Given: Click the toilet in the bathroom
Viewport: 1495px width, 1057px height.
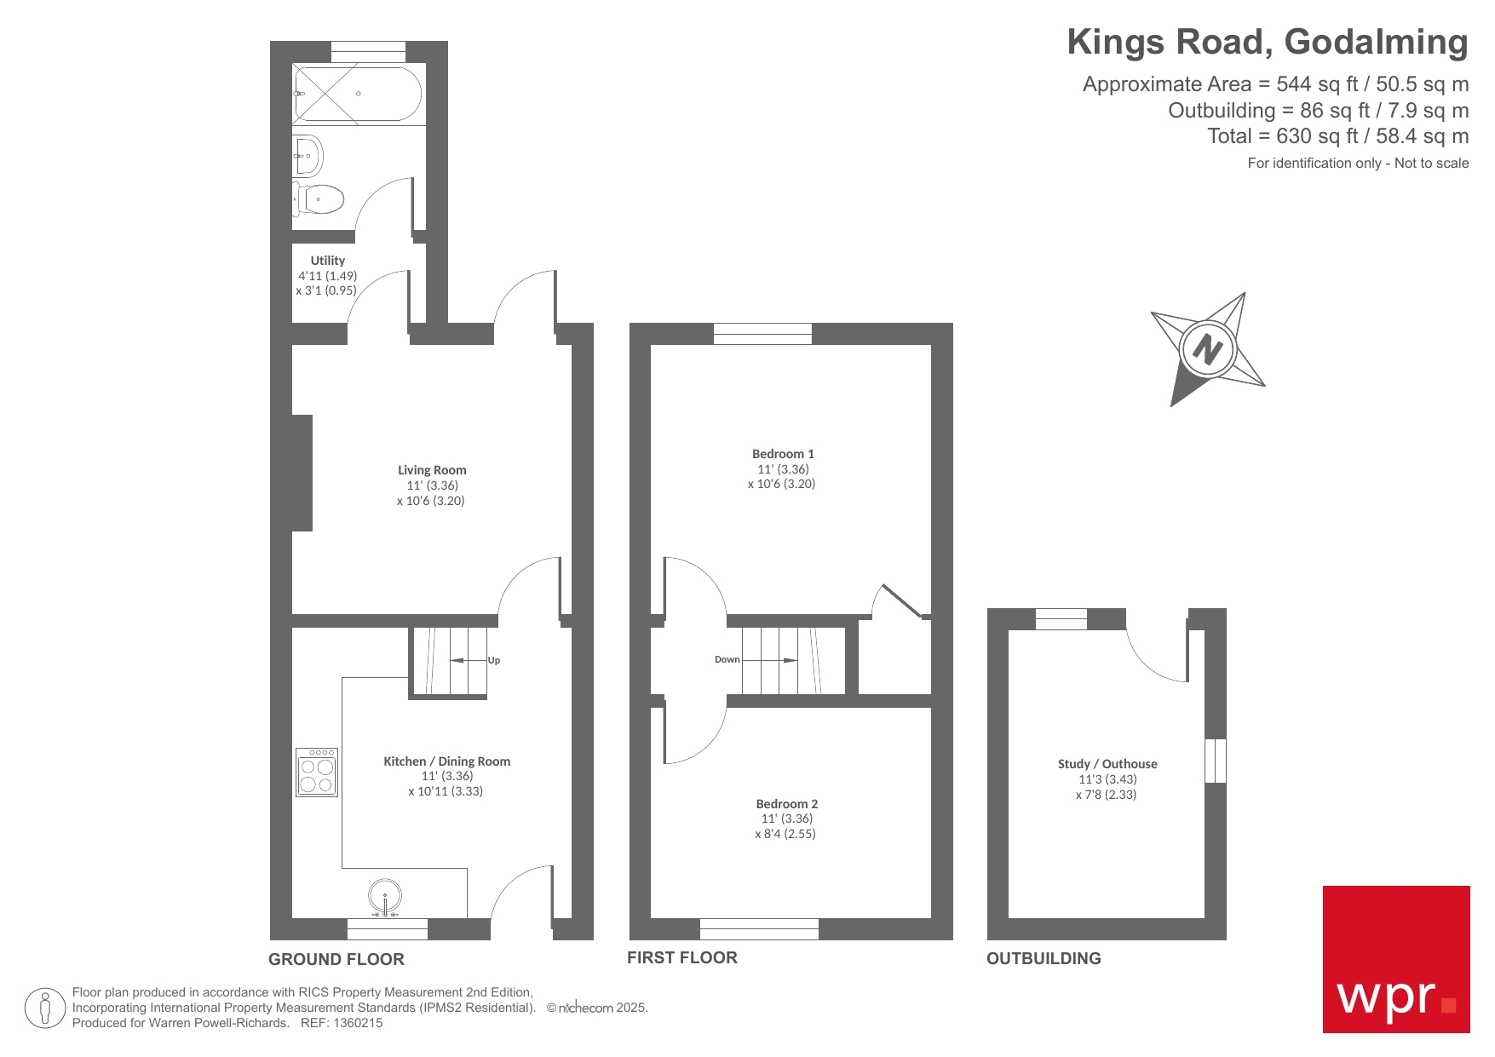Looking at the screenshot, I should point(320,199).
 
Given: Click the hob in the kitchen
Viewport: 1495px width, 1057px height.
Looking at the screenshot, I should point(317,773).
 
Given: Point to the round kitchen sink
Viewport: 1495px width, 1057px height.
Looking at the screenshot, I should point(385,897).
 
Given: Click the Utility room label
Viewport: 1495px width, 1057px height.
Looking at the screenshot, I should point(328,261).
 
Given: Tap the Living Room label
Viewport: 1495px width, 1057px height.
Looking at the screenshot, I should point(432,470).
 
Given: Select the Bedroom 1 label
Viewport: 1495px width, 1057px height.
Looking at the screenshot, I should point(783,454).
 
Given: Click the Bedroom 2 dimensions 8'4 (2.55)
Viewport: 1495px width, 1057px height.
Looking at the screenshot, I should point(785,834).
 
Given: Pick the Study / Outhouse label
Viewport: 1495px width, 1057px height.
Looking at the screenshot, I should point(1107,764).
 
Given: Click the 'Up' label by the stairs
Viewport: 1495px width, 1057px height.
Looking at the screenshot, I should point(494,660).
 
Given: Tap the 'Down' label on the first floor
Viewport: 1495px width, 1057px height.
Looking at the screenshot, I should point(727,659).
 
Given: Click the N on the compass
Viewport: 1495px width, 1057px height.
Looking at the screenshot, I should point(1207,348).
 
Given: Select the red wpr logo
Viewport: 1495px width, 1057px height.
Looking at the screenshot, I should point(1395,959).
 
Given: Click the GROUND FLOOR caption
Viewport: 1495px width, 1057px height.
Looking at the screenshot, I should point(336,959).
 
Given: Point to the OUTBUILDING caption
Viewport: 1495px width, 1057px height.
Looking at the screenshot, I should point(1044,958).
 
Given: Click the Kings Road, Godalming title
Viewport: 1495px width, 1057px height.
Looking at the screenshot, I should point(1268,42).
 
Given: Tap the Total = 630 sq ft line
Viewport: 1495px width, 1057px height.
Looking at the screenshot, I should point(1337,136).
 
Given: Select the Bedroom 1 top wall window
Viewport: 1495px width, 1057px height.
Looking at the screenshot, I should point(762,333).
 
